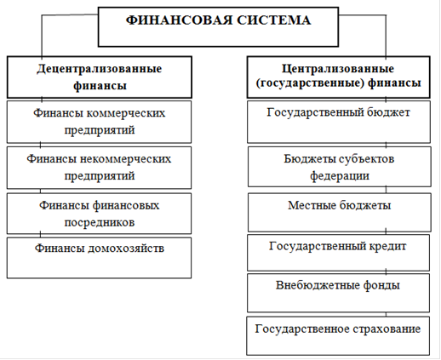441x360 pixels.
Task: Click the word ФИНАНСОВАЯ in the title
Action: [x=179, y=20]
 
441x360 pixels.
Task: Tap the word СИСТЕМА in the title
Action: [x=274, y=20]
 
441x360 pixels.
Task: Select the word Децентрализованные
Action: [x=100, y=69]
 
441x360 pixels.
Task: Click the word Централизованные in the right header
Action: [x=338, y=69]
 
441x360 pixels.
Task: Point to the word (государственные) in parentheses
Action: [x=310, y=83]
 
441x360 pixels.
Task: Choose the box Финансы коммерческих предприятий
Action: [x=99, y=122]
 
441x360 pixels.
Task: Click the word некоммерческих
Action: [x=125, y=158]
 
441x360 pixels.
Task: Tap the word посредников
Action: [x=100, y=222]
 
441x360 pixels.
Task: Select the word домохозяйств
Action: [x=126, y=249]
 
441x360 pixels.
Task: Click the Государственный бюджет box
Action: [x=339, y=122]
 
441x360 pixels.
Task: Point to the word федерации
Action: [x=340, y=176]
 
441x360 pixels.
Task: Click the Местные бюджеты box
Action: [x=340, y=213]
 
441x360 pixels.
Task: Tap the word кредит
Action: [x=387, y=246]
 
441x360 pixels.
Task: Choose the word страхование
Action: [x=387, y=329]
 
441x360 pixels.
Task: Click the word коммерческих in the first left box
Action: [x=125, y=113]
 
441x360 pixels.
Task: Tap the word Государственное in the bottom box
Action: [x=302, y=329]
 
